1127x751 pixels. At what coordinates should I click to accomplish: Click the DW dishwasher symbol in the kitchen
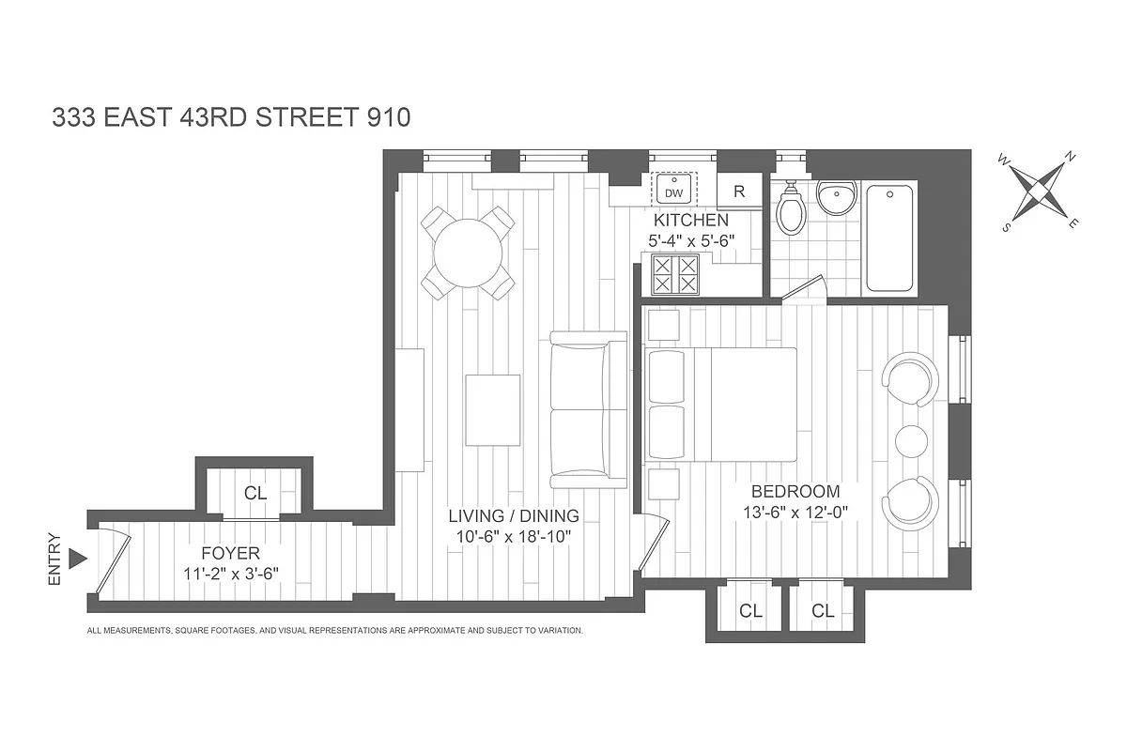(x=673, y=191)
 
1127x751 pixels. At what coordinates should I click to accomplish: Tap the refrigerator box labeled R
(x=739, y=192)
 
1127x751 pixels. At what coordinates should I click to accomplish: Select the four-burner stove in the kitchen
(x=676, y=273)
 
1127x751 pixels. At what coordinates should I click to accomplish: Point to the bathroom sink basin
(x=836, y=198)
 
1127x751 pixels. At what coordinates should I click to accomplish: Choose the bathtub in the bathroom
(x=888, y=238)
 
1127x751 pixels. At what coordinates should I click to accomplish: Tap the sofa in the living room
(x=589, y=409)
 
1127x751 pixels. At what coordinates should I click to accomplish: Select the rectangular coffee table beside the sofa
(x=493, y=410)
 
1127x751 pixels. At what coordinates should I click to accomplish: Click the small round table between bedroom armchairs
(x=911, y=440)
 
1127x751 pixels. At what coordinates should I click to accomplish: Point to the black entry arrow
(x=79, y=559)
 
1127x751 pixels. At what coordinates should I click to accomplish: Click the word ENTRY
(x=54, y=559)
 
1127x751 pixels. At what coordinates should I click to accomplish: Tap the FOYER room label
(x=229, y=554)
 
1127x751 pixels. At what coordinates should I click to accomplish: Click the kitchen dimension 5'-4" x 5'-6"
(x=691, y=240)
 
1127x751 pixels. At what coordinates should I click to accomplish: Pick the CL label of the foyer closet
(x=255, y=493)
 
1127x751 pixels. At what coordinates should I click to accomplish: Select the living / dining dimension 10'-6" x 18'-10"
(x=513, y=537)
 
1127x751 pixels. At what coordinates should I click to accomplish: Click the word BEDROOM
(x=795, y=491)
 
